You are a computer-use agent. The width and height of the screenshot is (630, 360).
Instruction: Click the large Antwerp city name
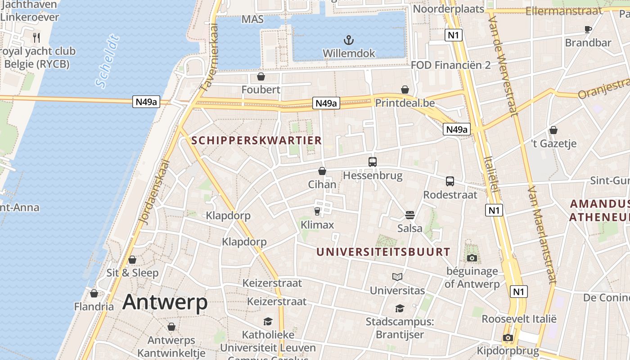click(165, 302)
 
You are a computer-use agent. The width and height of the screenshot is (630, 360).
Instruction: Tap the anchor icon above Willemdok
click(348, 40)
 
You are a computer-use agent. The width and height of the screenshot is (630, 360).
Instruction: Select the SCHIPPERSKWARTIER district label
click(256, 140)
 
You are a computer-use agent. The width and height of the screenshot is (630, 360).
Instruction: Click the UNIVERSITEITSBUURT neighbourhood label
click(383, 252)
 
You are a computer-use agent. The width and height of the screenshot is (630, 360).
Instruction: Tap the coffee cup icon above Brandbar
click(588, 30)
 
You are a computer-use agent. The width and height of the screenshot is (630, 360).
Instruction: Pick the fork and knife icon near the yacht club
click(37, 37)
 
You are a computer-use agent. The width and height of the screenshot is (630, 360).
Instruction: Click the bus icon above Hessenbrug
click(373, 162)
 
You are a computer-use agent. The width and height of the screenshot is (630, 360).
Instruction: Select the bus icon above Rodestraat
click(450, 181)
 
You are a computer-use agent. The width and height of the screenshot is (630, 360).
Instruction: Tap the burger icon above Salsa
click(409, 215)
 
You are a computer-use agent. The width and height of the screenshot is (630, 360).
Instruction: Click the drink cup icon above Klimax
click(317, 211)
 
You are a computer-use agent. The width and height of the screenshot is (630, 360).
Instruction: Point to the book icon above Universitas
click(397, 277)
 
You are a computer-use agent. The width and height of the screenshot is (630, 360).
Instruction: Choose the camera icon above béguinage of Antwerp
click(472, 258)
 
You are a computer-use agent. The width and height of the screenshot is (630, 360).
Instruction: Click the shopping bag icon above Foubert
click(261, 76)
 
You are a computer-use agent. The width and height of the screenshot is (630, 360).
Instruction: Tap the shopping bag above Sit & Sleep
click(132, 260)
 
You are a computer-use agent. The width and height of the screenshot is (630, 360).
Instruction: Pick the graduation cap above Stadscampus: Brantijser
click(400, 308)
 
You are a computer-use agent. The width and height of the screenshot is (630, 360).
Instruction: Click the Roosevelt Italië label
click(519, 319)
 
